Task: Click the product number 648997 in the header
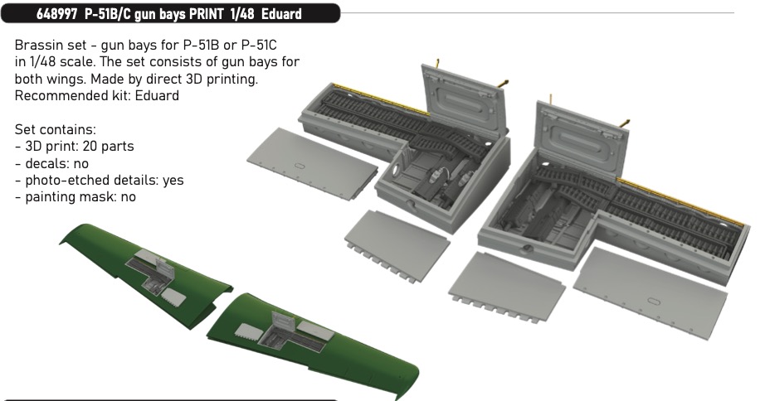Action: click(x=56, y=14)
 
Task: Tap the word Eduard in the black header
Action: click(x=281, y=14)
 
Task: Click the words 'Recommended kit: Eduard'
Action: click(x=96, y=95)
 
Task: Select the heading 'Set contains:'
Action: click(x=55, y=129)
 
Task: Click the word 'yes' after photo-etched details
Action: click(x=173, y=181)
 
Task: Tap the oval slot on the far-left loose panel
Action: click(x=300, y=166)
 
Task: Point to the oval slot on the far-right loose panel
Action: click(x=653, y=301)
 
